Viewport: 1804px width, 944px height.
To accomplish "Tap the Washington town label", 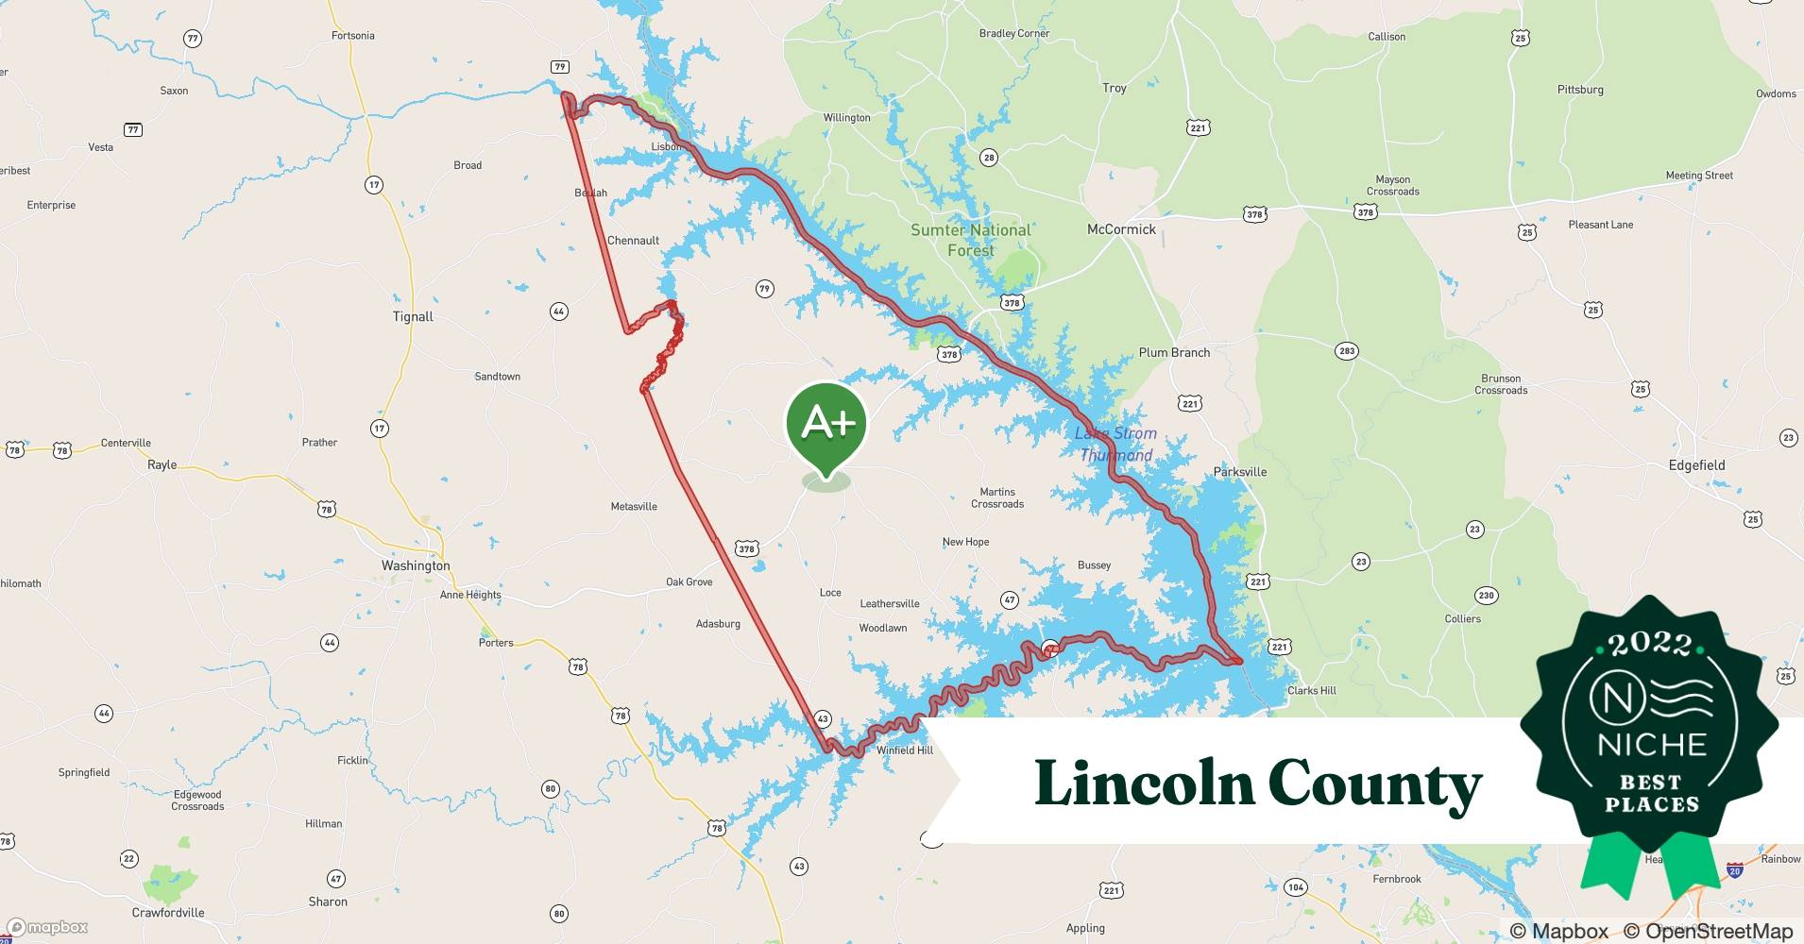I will [416, 565].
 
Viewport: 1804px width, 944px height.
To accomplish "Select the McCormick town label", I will [1121, 229].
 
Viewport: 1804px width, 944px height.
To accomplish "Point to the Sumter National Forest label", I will [971, 240].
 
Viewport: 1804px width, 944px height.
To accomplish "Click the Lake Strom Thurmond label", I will [1115, 444].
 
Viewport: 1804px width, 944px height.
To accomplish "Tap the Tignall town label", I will [413, 317].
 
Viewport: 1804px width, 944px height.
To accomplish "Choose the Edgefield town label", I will [1696, 465].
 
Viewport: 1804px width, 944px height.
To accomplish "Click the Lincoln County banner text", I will [1258, 784].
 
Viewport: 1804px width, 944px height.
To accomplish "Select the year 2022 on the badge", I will [1650, 645].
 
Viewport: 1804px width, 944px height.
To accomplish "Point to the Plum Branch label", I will [1174, 353].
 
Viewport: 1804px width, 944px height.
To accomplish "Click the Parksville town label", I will [1239, 472].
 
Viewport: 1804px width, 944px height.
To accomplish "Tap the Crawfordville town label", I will [168, 913].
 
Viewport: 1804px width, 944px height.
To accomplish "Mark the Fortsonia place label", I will [353, 36].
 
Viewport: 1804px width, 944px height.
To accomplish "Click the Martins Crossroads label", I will [997, 497].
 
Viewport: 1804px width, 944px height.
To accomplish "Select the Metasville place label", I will [634, 507].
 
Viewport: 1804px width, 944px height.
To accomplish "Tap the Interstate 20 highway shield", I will [1734, 870].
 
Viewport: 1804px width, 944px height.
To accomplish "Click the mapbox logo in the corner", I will [47, 927].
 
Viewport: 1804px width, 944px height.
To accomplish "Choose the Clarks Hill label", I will [1312, 691].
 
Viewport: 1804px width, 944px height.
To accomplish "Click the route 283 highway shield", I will [1347, 351].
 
